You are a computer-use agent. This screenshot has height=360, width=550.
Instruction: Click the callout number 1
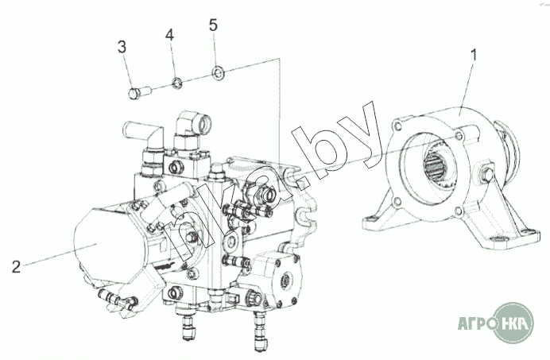pos(474,56)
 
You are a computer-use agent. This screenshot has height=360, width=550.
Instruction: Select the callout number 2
pos(16,267)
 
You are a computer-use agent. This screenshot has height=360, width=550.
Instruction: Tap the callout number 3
pos(122,47)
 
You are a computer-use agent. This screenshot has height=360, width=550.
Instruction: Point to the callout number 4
pos(169,35)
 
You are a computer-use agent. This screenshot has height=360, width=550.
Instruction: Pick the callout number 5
pos(213,25)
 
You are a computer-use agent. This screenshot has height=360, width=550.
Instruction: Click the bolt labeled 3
pos(139,93)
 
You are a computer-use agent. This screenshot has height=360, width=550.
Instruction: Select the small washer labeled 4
pos(177,83)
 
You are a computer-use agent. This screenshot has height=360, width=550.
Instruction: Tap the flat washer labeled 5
pos(219,72)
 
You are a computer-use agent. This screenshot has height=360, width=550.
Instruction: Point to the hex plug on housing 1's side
pos(486,175)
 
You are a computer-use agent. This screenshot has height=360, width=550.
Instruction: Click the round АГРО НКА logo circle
pos(513,323)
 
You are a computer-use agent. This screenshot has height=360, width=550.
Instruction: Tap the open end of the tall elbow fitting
pos(204,122)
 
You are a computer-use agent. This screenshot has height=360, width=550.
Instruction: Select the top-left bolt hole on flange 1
pos(397,126)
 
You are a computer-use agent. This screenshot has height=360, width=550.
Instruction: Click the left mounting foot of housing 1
pos(377,222)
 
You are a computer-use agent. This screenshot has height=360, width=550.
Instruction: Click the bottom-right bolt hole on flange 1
pos(459,211)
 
